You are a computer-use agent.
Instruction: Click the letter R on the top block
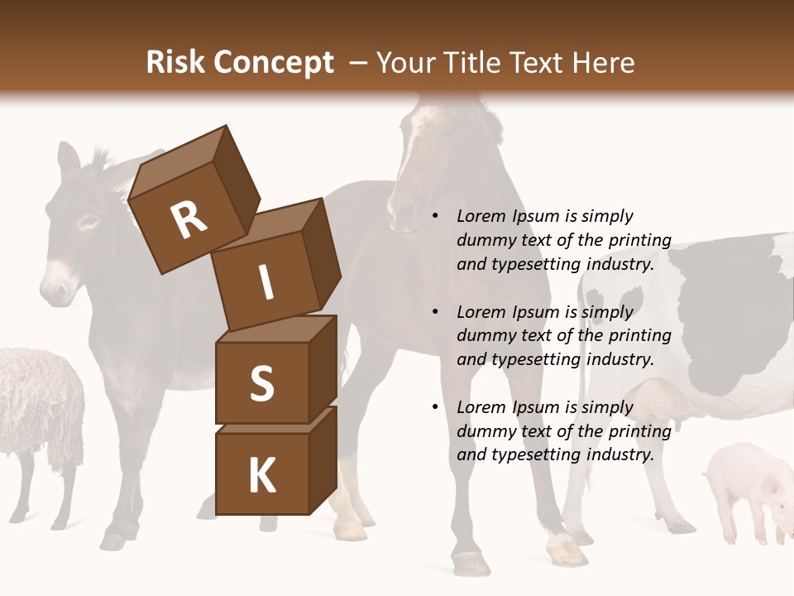[189, 220]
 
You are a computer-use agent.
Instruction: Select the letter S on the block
[261, 384]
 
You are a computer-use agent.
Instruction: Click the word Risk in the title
[175, 62]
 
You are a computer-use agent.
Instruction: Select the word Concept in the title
[274, 63]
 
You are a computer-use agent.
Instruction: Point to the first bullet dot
[436, 217]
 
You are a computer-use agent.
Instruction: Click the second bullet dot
[436, 313]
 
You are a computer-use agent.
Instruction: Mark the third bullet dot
[436, 408]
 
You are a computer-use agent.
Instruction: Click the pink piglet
[749, 488]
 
